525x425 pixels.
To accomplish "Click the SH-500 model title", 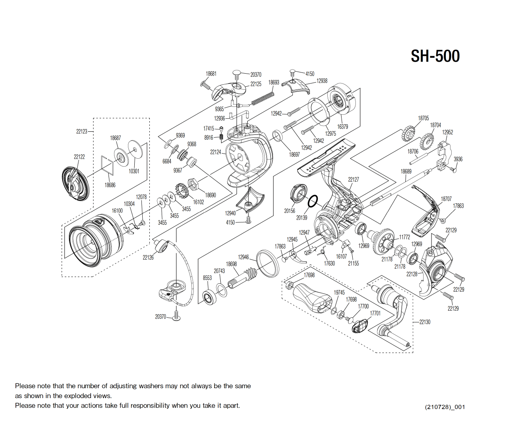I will pyautogui.click(x=435, y=56).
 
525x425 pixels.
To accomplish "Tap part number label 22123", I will pyautogui.click(x=82, y=131).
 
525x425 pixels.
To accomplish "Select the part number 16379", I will pyautogui.click(x=342, y=127).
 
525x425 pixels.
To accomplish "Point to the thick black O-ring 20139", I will pyautogui.click(x=313, y=201).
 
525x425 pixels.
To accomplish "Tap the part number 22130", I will pyautogui.click(x=425, y=322).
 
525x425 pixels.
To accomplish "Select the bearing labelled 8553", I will pyautogui.click(x=210, y=298).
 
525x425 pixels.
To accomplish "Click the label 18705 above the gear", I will pyautogui.click(x=423, y=118).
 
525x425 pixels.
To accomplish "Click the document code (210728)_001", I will pyautogui.click(x=445, y=407).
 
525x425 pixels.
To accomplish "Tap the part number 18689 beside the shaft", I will pyautogui.click(x=406, y=171).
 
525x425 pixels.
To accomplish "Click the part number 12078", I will pyautogui.click(x=141, y=197).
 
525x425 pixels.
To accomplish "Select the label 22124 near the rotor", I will pyautogui.click(x=216, y=152).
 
